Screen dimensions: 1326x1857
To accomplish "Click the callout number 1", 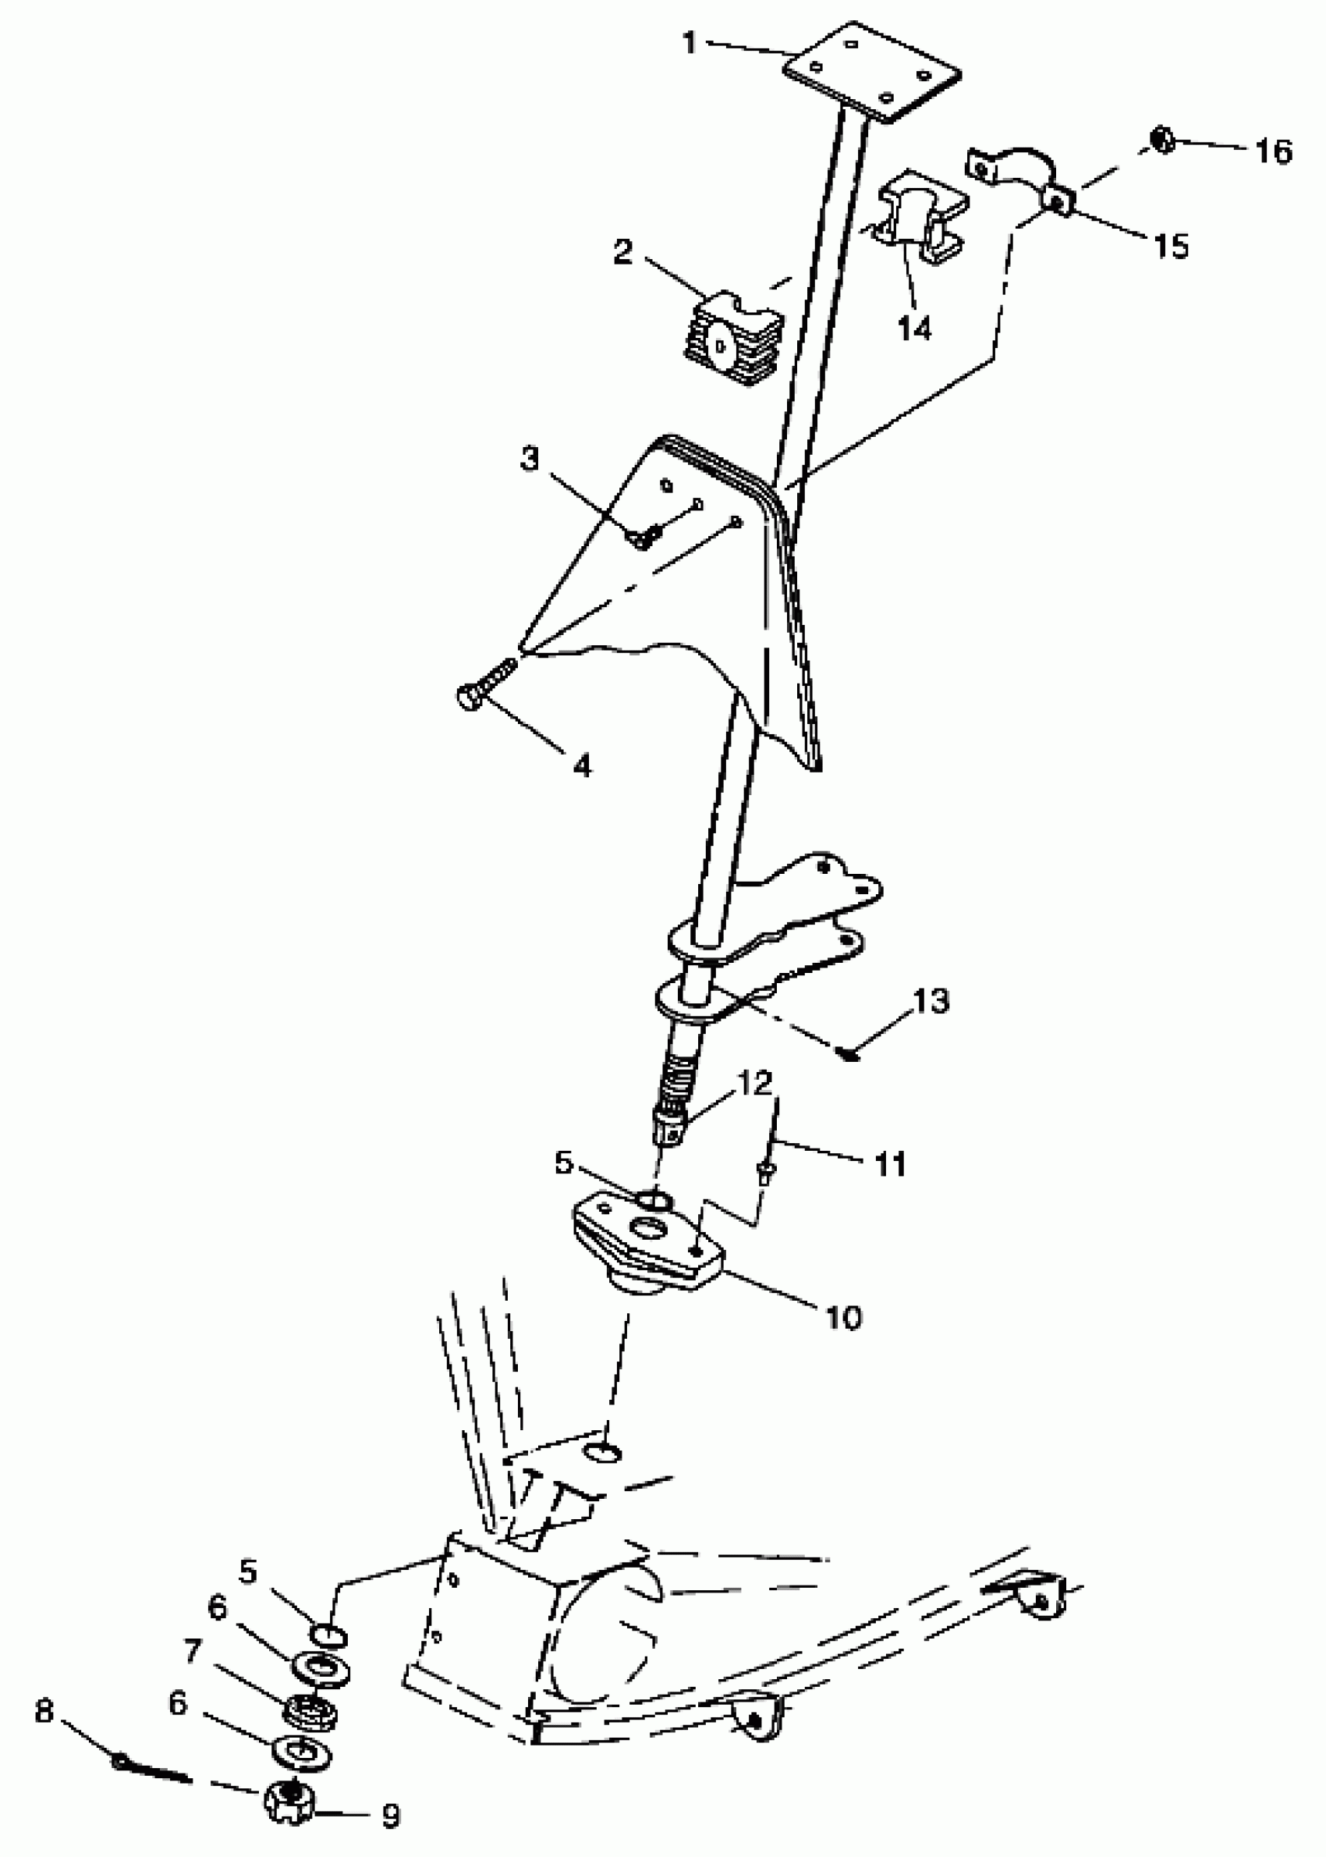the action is [x=690, y=42].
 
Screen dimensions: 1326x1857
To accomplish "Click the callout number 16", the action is [x=1274, y=152].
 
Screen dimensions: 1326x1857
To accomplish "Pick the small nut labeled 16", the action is [x=1163, y=140].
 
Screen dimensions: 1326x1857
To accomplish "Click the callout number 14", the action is [x=914, y=328].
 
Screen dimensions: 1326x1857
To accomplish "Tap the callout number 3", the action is [x=530, y=459].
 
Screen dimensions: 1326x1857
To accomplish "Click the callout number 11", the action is [x=891, y=1163].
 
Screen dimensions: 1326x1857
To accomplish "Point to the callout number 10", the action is [x=843, y=1316].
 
